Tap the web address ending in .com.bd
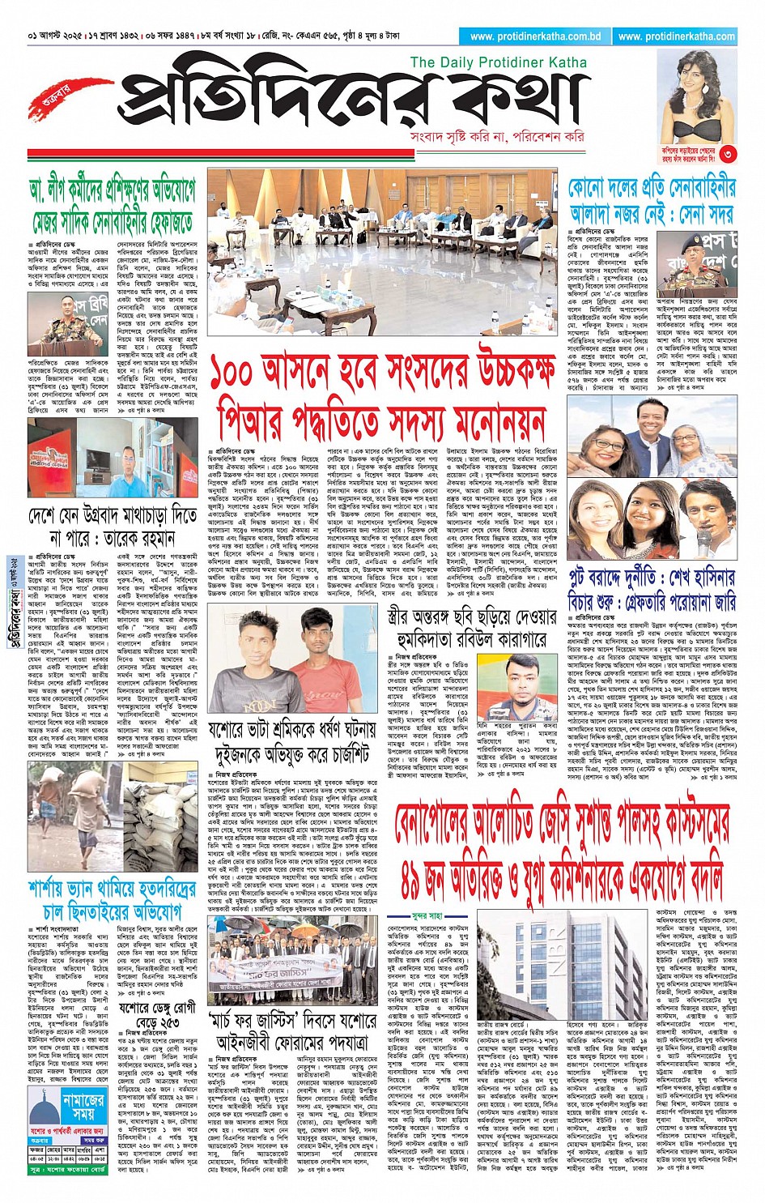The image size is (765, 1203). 534,36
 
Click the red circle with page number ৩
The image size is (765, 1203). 729,153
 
